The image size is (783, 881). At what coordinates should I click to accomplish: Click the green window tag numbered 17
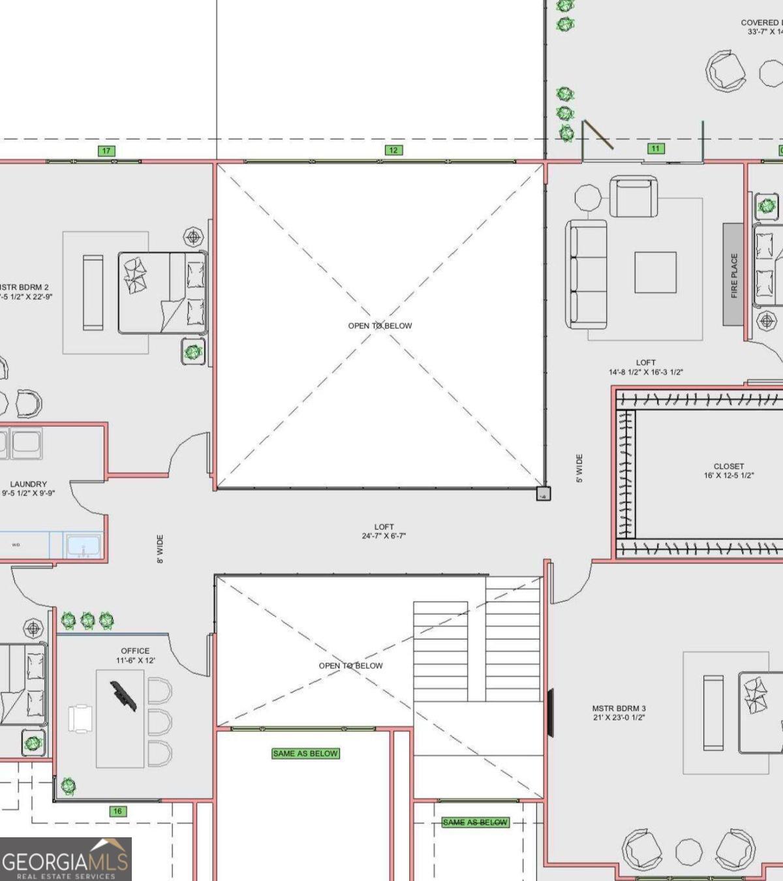tap(106, 151)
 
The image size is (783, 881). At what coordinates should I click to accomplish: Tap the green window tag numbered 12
tap(393, 150)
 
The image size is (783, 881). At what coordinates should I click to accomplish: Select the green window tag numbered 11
tap(655, 149)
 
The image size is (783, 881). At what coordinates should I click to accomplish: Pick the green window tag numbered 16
tap(117, 811)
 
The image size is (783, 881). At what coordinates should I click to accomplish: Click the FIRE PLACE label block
tap(733, 274)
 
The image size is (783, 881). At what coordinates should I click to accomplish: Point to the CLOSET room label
tap(729, 471)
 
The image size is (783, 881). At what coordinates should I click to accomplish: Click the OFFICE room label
tap(135, 655)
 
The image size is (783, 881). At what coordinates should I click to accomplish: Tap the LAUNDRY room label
tap(29, 488)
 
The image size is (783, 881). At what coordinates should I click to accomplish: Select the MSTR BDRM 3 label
tap(619, 713)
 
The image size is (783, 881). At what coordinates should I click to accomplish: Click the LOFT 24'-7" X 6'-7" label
tap(384, 531)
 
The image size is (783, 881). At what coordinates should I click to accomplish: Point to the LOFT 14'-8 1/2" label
tap(645, 367)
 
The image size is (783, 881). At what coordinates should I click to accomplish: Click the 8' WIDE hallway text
tap(160, 549)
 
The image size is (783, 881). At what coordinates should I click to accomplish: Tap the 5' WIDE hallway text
tap(579, 469)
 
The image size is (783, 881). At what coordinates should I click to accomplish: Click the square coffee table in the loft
tap(655, 272)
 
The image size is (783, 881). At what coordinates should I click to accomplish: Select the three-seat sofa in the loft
tap(587, 274)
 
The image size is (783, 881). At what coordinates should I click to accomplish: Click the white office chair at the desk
tap(80, 719)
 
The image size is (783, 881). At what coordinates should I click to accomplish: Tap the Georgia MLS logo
tap(65, 859)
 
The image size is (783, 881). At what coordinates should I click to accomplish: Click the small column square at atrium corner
tap(543, 494)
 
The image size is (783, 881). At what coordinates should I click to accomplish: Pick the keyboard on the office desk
tap(123, 696)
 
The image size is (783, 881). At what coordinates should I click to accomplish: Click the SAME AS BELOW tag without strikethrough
tap(305, 753)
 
